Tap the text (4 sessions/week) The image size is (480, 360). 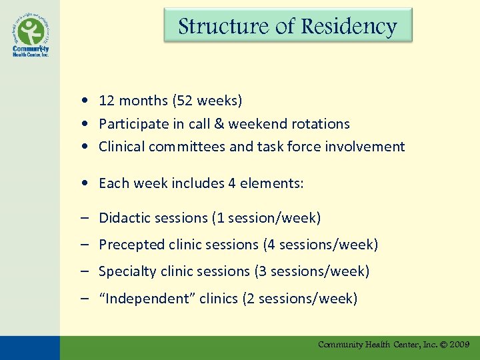pyautogui.click(x=321, y=245)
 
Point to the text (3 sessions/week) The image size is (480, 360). pyautogui.click(x=311, y=271)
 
